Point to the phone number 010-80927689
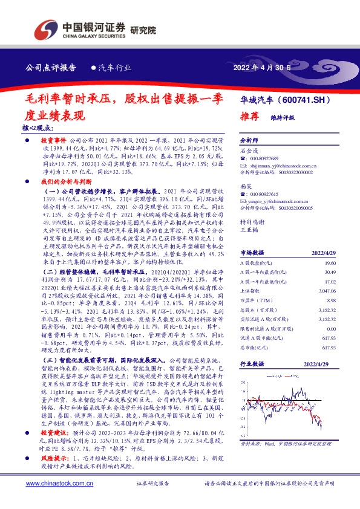267,158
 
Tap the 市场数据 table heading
254,253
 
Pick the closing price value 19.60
329,264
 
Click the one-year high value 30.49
329,273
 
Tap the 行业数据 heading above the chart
254,365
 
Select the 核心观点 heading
38,129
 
